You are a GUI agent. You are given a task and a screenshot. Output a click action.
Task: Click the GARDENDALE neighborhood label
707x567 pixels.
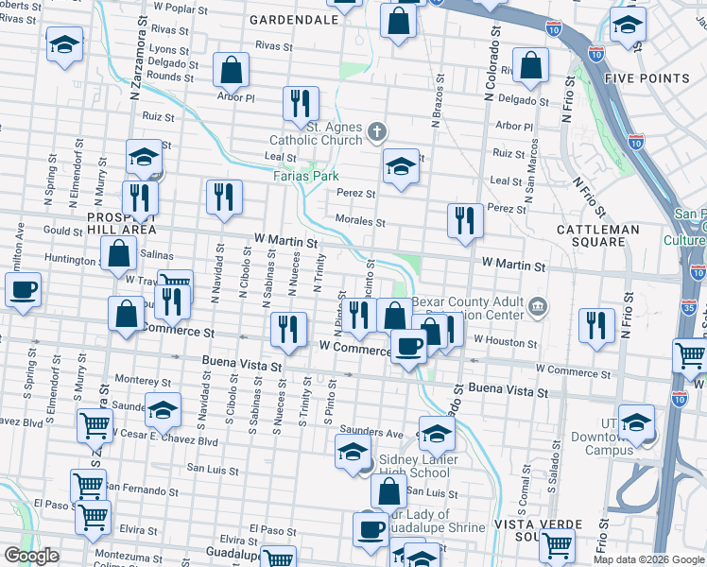(295, 19)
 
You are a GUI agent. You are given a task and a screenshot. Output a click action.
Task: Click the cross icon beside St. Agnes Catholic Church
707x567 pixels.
(377, 131)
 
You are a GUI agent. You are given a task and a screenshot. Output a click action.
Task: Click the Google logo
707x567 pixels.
(32, 556)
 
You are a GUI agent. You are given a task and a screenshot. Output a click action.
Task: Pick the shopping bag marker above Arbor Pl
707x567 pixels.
(231, 69)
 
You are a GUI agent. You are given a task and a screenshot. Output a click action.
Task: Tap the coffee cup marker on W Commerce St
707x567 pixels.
(408, 346)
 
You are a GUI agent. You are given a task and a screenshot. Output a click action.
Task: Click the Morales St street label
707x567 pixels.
(360, 222)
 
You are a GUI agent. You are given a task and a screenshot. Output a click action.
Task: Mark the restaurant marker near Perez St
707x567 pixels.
(464, 220)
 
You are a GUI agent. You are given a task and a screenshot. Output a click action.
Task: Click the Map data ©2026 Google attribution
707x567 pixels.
(648, 559)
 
